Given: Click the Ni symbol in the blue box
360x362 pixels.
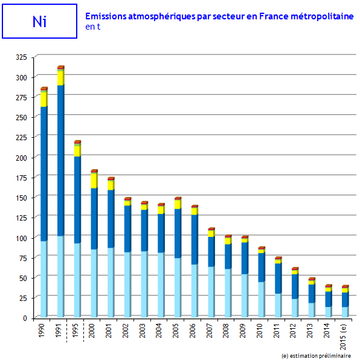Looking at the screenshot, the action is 39,22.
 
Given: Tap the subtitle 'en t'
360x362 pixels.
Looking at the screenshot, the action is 93,27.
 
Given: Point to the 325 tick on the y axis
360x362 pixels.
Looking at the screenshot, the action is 21,57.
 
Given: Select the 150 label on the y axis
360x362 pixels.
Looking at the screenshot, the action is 21,198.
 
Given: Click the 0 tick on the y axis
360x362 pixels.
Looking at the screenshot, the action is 25,318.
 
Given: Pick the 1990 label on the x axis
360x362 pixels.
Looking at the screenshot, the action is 41,331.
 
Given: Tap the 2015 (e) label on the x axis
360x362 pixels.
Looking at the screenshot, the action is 343,337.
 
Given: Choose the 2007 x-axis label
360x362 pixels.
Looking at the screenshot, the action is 209,331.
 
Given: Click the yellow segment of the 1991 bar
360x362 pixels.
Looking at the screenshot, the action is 60,78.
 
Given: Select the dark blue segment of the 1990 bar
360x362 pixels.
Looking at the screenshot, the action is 44,174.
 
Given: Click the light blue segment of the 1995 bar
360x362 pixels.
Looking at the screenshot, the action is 77,280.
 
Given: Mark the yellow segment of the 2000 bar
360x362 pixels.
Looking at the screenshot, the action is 94,181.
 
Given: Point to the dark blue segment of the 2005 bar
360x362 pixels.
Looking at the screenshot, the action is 178,233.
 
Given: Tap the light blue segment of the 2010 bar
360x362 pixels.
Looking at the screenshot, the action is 262,300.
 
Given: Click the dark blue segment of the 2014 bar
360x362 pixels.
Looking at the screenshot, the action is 329,299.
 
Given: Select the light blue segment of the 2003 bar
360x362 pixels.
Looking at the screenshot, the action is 144,284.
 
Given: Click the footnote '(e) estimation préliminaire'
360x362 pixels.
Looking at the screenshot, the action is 316,356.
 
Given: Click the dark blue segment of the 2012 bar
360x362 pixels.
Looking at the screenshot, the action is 295,286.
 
